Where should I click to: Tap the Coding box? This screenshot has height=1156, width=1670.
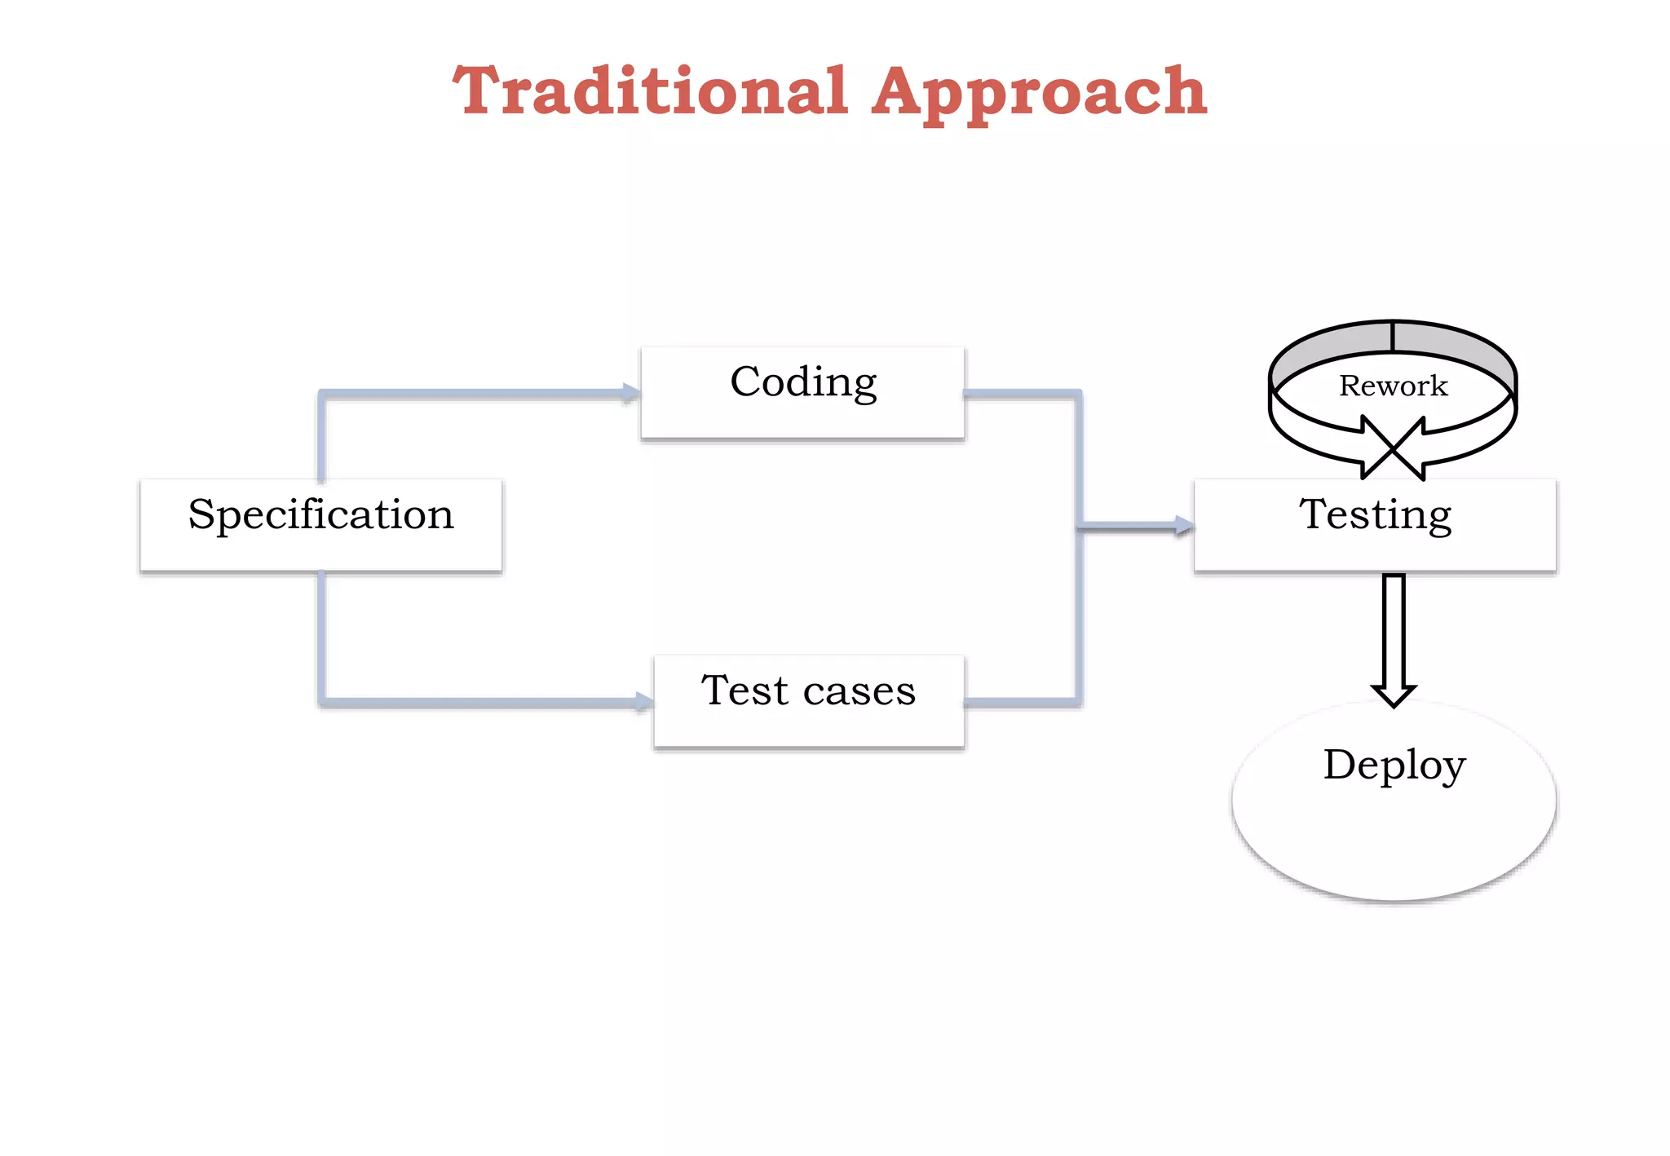802,392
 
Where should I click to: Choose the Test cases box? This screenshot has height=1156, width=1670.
808,700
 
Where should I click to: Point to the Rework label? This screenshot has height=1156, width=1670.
1393,386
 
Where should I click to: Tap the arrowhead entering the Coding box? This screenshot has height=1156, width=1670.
631,393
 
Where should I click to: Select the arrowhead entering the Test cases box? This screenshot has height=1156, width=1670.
644,701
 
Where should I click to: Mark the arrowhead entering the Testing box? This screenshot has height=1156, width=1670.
1183,526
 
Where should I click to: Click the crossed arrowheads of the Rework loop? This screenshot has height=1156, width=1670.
1394,448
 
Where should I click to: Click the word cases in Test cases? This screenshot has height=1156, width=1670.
859,691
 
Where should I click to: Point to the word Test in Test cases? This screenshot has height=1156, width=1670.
744,691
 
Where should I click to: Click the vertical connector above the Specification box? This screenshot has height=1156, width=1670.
321,436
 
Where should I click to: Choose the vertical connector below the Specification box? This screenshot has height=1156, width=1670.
321,636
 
